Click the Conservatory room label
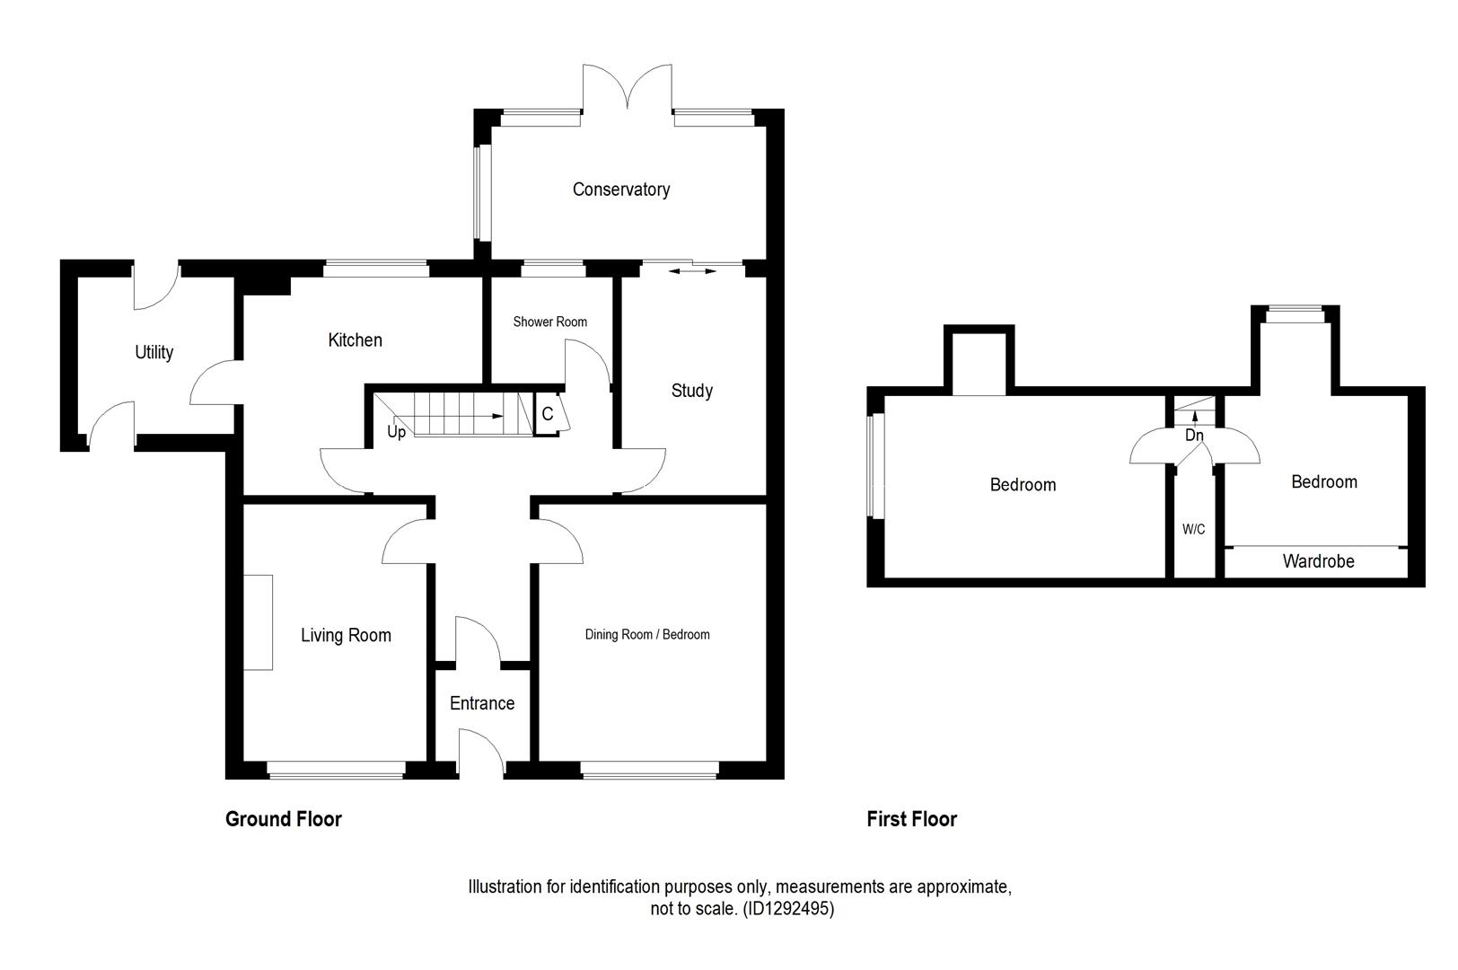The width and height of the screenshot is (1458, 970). pos(620,190)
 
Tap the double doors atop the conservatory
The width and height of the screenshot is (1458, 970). pos(627,90)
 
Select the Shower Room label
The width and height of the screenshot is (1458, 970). pos(549,322)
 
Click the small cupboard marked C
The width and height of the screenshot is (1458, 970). pos(547,415)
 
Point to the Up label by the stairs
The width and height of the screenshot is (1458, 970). pos(396,432)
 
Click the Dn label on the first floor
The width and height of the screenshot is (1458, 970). pos(1193,436)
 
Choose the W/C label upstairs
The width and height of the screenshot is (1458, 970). pos(1193,530)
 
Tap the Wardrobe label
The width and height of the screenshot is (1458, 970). pos(1318,561)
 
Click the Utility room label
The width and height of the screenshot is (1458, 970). pos(154,352)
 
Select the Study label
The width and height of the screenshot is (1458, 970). pos(691,391)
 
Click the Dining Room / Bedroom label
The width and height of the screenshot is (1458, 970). pos(646,635)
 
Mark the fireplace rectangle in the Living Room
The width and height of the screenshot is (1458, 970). pos(259,622)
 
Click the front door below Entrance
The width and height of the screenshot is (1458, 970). pos(481,753)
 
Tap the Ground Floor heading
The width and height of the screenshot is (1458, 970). pos(283,819)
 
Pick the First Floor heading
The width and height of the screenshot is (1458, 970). pos(911,819)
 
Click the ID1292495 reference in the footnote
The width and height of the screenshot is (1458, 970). pos(787,909)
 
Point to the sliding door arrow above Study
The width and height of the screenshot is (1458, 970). pos(692,270)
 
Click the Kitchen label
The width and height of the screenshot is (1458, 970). pos(355,340)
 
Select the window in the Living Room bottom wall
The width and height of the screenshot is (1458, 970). pos(337,769)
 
